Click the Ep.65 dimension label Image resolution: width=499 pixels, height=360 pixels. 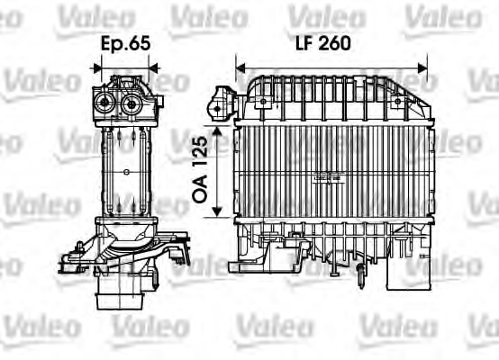point(126,42)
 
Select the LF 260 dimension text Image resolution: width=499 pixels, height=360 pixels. point(321,42)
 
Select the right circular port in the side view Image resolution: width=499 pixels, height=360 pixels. point(133,102)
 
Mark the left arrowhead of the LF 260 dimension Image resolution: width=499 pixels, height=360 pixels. point(240,66)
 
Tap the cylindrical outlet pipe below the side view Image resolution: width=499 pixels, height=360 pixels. point(124,292)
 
